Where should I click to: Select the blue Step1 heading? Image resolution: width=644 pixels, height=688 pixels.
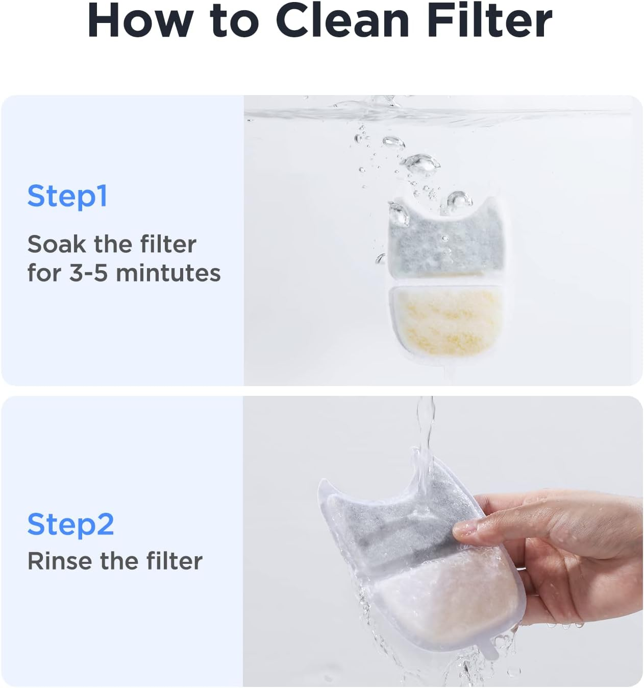coord(67,196)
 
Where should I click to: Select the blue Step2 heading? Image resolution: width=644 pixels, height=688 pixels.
coord(70,524)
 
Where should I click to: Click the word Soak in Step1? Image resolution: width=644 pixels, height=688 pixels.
coord(56,244)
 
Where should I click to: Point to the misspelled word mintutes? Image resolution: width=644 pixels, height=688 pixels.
coord(168,273)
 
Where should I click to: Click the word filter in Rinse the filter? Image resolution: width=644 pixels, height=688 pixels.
coord(174,561)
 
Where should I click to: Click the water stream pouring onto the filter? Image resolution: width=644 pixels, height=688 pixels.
coord(425,434)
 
